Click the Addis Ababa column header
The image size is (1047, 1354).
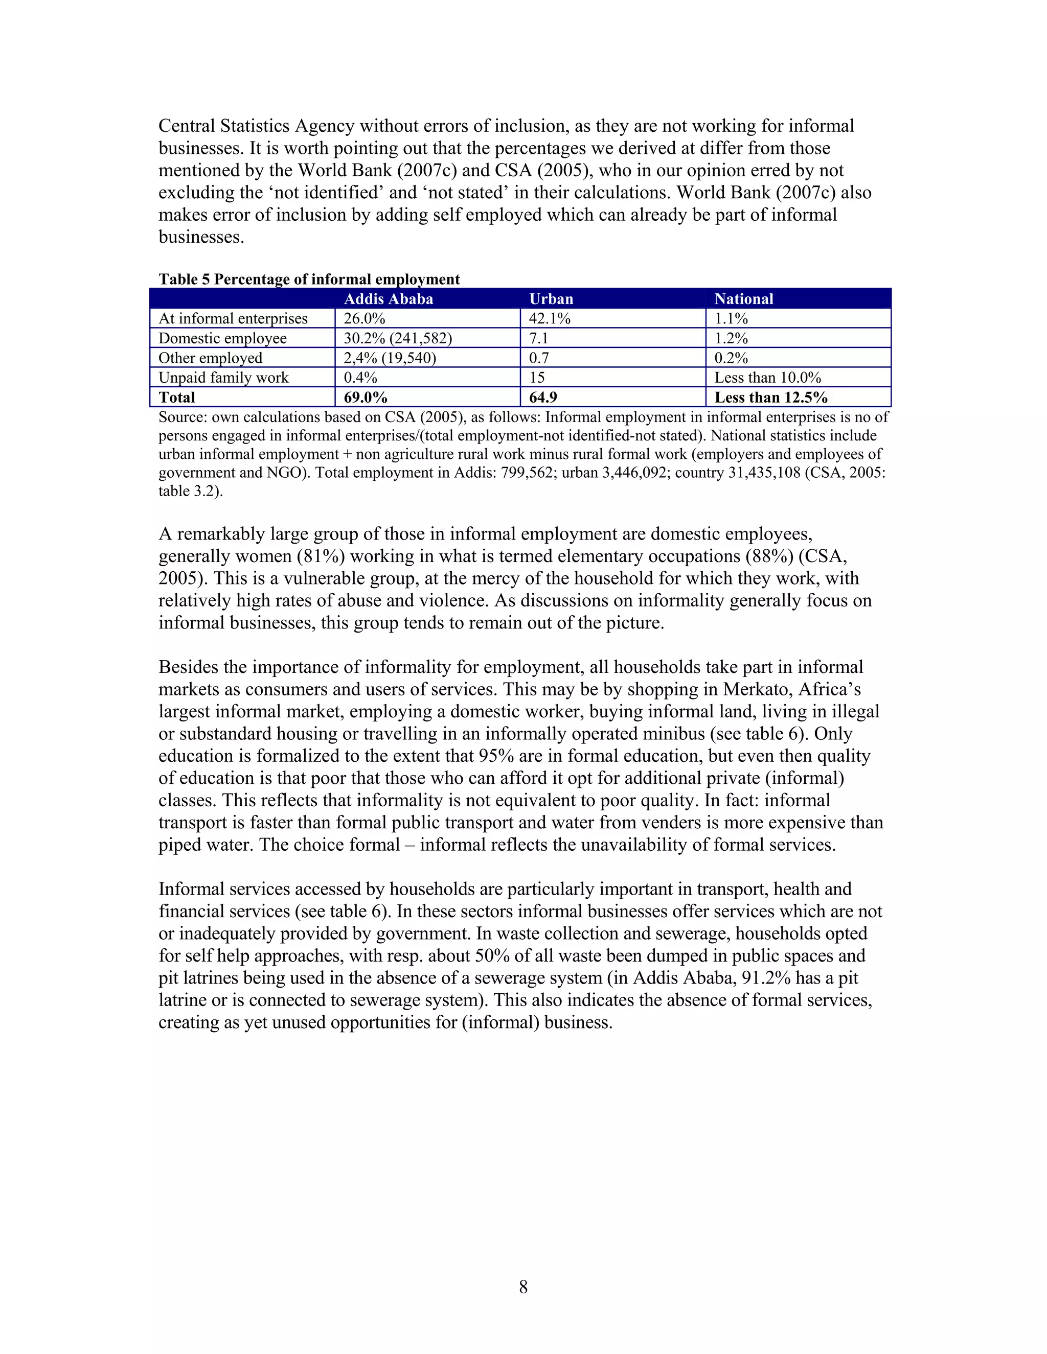(389, 299)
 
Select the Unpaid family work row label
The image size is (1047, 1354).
(223, 378)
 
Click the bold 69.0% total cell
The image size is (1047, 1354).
(366, 398)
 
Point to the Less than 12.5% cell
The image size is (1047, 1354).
(770, 398)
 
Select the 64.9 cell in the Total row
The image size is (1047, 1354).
(543, 398)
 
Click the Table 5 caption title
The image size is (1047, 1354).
(309, 279)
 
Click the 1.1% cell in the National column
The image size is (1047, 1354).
(731, 319)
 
